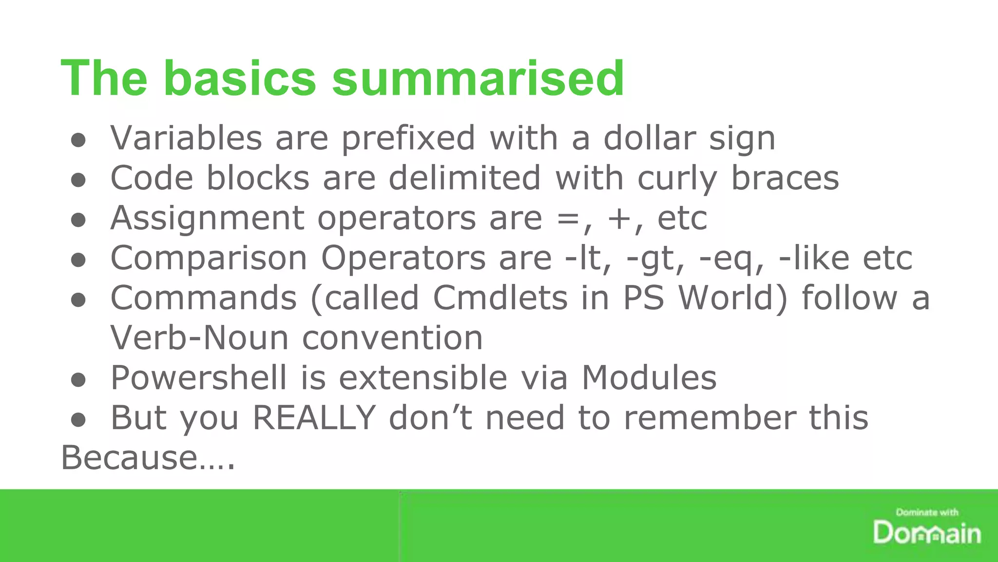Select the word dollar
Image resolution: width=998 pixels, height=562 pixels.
pyautogui.click(x=650, y=138)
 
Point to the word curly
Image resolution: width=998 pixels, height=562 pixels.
pyautogui.click(x=677, y=179)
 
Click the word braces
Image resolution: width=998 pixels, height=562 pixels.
pyautogui.click(x=785, y=178)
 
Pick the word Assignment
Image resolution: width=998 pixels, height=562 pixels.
pyautogui.click(x=208, y=219)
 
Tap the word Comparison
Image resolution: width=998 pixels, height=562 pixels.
pyautogui.click(x=209, y=259)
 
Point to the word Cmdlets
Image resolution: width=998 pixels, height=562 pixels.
pyautogui.click(x=500, y=298)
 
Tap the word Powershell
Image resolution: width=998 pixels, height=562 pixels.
pyautogui.click(x=199, y=378)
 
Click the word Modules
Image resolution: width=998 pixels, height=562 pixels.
pyautogui.click(x=649, y=378)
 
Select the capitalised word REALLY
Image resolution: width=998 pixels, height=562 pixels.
pyautogui.click(x=314, y=418)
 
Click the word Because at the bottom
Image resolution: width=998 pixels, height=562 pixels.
pyautogui.click(x=129, y=458)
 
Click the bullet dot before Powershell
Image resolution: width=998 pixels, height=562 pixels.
pyautogui.click(x=78, y=380)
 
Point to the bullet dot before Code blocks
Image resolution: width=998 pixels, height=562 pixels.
pyautogui.click(x=78, y=180)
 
